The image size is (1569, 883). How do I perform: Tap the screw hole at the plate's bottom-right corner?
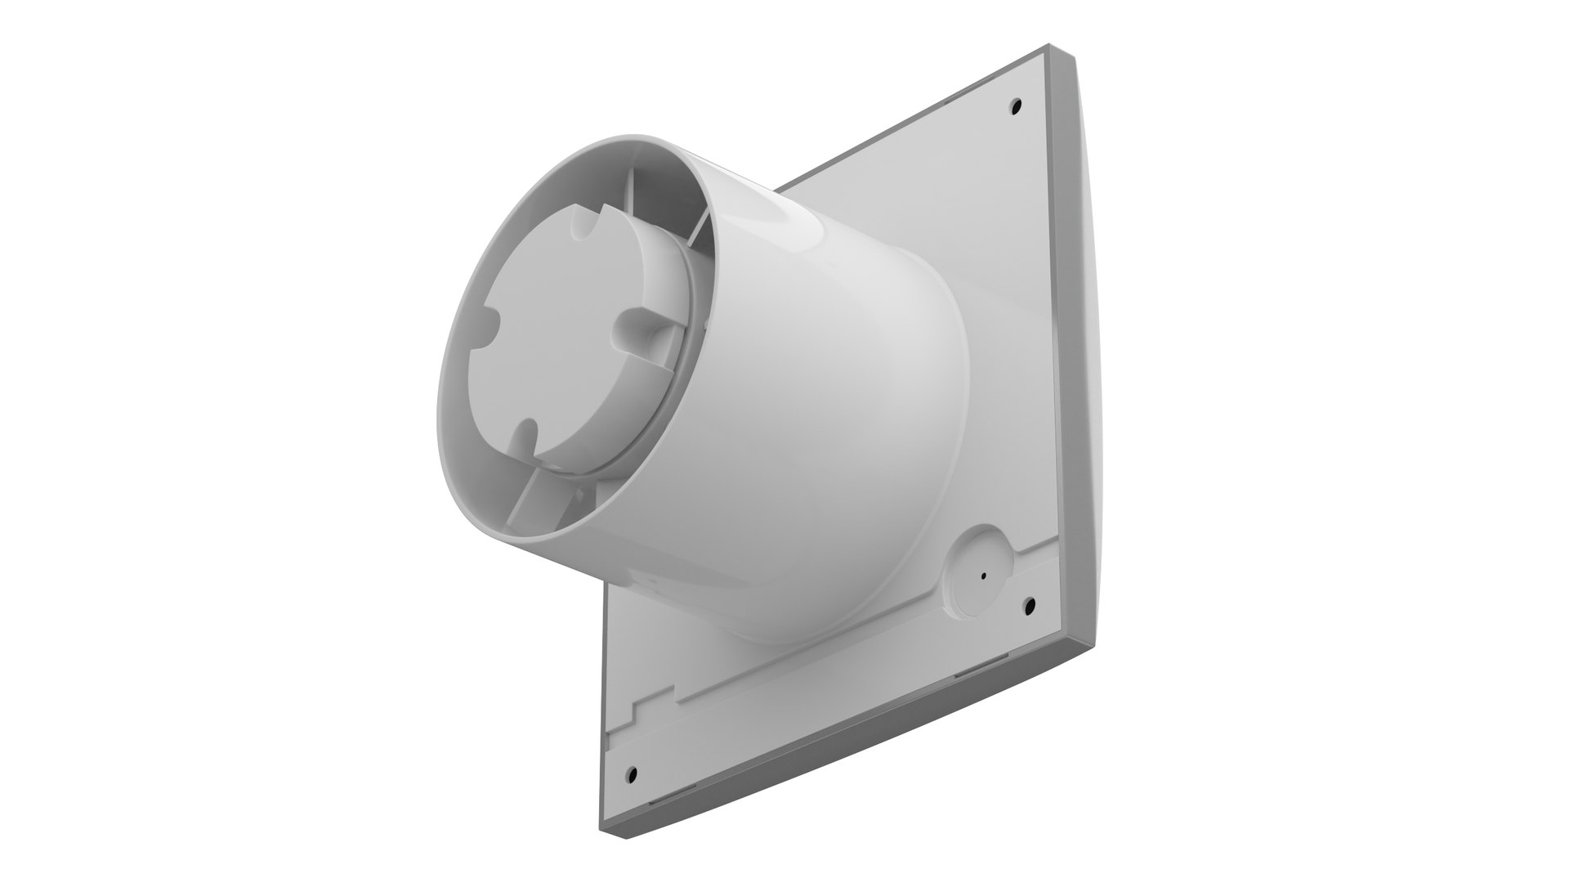[1030, 605]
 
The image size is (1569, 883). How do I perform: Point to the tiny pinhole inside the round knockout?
[983, 574]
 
